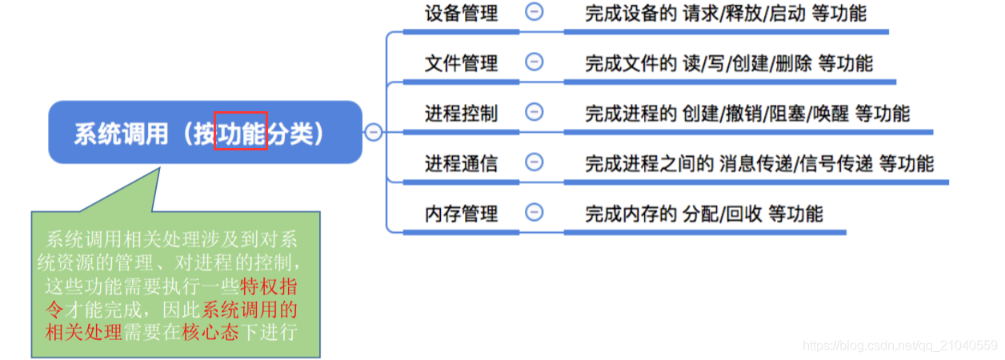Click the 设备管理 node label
(x=461, y=13)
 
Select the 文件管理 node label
(x=461, y=62)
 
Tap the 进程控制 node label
(x=461, y=113)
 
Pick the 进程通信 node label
(x=461, y=163)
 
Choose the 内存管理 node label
(x=461, y=214)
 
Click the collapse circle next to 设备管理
(x=534, y=12)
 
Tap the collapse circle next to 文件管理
(x=534, y=62)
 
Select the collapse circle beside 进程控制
(x=534, y=112)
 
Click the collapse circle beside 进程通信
(x=534, y=162)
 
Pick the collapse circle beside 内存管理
(x=534, y=213)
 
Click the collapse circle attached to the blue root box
(x=374, y=133)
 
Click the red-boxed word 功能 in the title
(x=240, y=133)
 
